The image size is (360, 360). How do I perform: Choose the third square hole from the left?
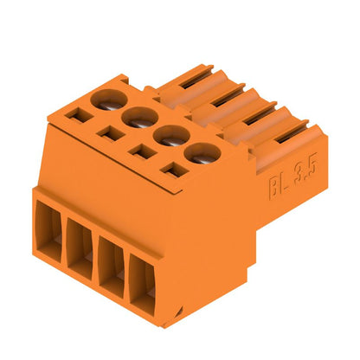(138, 150)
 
